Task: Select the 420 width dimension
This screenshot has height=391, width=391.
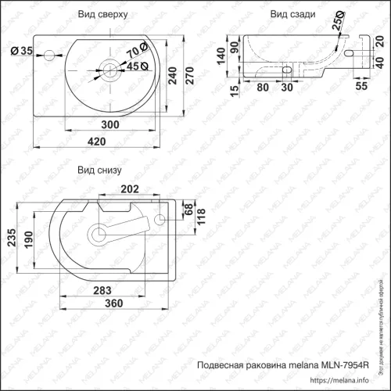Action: (96, 141)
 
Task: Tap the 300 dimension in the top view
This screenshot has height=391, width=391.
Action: (110, 125)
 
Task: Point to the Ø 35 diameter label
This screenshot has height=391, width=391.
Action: (22, 52)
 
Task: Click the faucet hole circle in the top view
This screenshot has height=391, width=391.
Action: (48, 54)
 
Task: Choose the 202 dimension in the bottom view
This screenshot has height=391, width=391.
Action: (129, 188)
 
